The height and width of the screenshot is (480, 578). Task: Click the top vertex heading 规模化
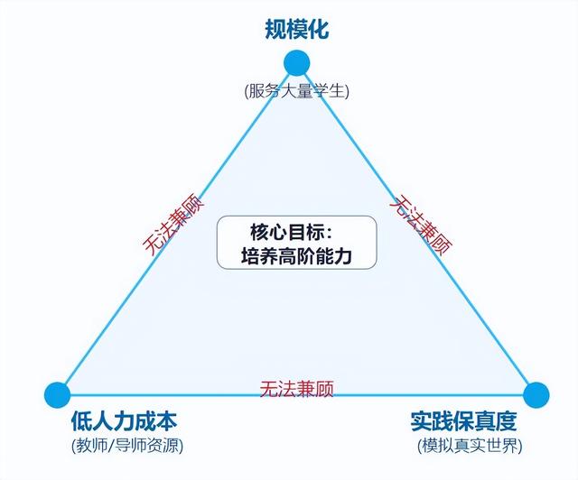(x=297, y=29)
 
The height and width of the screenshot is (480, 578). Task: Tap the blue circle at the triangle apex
(x=297, y=63)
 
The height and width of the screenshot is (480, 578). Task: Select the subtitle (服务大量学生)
(x=296, y=91)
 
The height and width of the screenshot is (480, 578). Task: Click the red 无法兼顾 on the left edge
(x=173, y=225)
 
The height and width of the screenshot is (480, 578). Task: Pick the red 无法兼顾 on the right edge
(x=422, y=226)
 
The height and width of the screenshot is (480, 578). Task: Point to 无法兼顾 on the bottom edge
(x=297, y=389)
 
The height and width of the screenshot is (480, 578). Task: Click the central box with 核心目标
(x=297, y=243)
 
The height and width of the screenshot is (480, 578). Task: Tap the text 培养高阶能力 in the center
(x=297, y=256)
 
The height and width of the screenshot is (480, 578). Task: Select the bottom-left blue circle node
(x=57, y=395)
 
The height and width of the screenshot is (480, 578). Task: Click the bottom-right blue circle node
(x=536, y=395)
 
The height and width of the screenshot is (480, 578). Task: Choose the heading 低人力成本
(x=125, y=421)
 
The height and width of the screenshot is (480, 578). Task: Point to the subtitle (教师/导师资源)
(x=127, y=446)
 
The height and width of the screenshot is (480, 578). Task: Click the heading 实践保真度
(x=463, y=421)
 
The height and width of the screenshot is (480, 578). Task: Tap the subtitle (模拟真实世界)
(x=470, y=446)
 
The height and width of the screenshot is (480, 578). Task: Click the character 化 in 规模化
(x=318, y=29)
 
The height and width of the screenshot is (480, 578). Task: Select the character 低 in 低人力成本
(x=81, y=421)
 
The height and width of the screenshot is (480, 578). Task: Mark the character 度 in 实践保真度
(x=507, y=421)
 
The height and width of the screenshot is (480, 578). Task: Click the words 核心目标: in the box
(x=292, y=232)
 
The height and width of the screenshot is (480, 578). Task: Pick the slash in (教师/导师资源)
(x=111, y=446)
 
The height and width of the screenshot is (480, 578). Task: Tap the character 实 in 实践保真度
(x=421, y=421)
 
